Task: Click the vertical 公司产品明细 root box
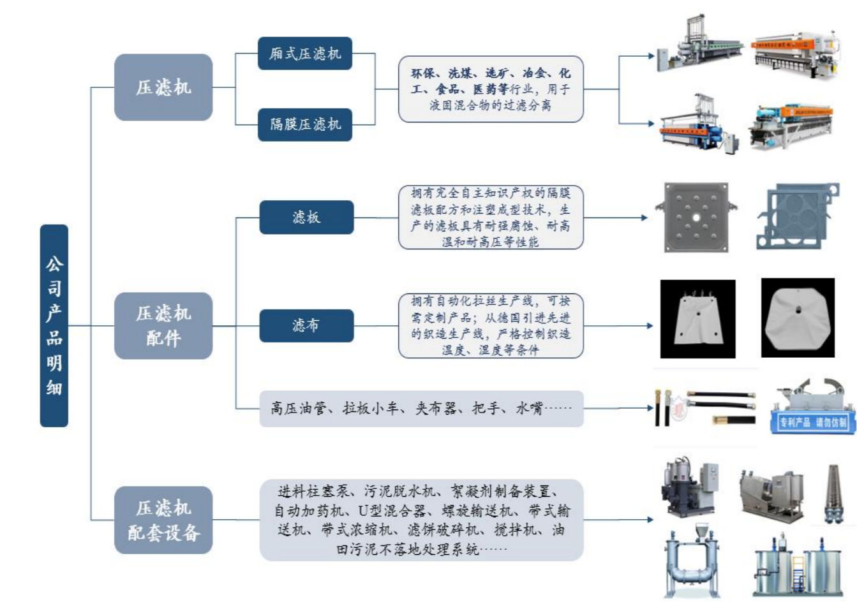click(x=54, y=325)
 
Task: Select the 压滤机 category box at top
click(x=163, y=87)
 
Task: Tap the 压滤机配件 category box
click(x=163, y=325)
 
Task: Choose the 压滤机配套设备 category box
click(x=163, y=520)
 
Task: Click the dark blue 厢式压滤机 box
click(x=305, y=54)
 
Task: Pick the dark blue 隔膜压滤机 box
click(x=305, y=124)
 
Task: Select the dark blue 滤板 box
click(x=306, y=217)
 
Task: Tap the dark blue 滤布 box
click(x=306, y=325)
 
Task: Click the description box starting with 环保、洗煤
click(x=491, y=89)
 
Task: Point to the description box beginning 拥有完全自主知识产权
click(x=491, y=217)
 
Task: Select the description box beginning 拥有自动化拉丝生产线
click(x=491, y=325)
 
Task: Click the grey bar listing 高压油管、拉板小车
click(x=421, y=408)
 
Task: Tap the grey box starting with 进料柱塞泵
click(x=421, y=520)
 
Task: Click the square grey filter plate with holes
click(x=696, y=217)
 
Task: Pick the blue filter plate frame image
click(x=798, y=217)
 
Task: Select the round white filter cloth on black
click(x=798, y=317)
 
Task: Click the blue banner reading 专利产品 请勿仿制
click(x=813, y=423)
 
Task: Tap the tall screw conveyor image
click(x=834, y=494)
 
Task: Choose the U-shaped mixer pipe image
click(x=693, y=561)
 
